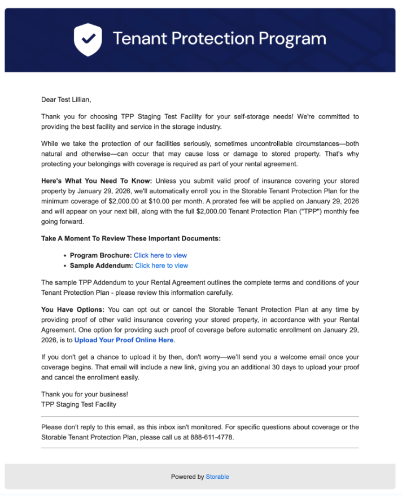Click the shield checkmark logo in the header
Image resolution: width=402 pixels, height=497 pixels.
coord(88,40)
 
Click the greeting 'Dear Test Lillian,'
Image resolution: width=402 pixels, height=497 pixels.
coord(66,100)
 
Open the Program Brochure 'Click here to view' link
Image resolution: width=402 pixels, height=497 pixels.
coord(160,255)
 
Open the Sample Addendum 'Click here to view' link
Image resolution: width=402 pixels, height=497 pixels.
coord(161,265)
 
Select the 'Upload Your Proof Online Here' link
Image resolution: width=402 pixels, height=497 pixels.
coord(124,340)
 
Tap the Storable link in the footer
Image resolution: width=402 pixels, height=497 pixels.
coord(217,477)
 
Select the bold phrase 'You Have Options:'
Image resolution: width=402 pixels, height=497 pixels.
coord(73,310)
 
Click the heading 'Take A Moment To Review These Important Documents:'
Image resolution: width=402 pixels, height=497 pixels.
coord(131,238)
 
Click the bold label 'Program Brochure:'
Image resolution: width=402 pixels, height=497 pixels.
coord(100,255)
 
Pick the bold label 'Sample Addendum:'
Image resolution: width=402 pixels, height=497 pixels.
coord(101,265)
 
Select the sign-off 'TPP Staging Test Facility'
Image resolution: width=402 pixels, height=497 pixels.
coord(79,404)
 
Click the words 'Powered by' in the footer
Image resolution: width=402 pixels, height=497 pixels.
coord(187,477)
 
